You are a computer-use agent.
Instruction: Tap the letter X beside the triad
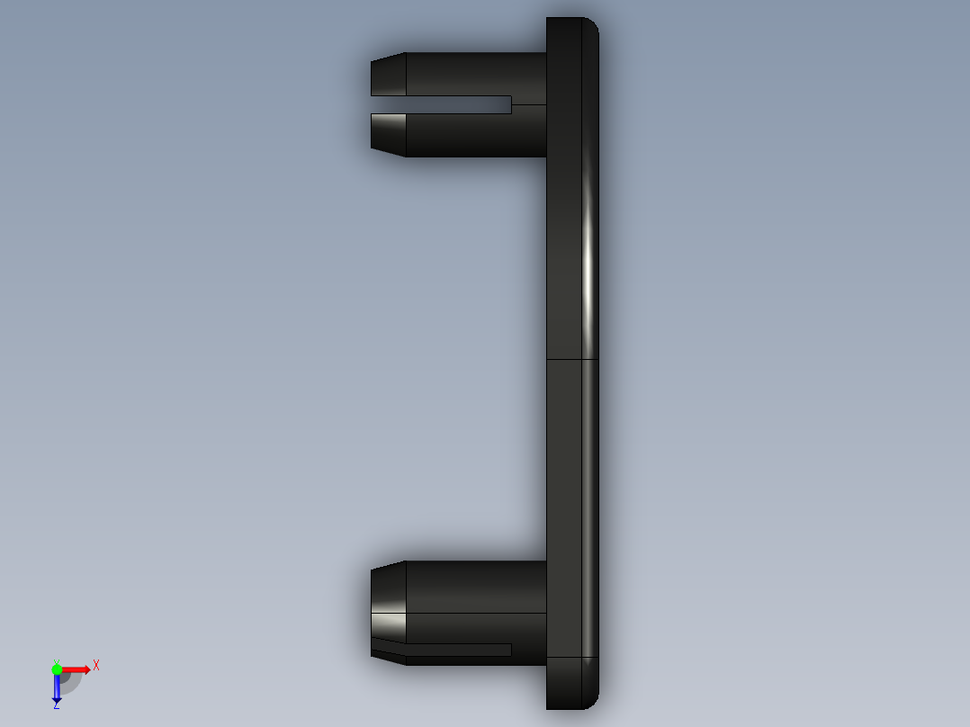96,666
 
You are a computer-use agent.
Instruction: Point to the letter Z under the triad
56,705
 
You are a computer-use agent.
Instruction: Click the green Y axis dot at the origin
57,669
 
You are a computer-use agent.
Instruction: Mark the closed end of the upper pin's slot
510,105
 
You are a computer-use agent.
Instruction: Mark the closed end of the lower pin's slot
510,650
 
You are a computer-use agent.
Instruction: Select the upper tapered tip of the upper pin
388,75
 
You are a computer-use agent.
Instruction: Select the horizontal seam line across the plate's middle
572,360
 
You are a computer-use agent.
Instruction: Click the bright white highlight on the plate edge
589,270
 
